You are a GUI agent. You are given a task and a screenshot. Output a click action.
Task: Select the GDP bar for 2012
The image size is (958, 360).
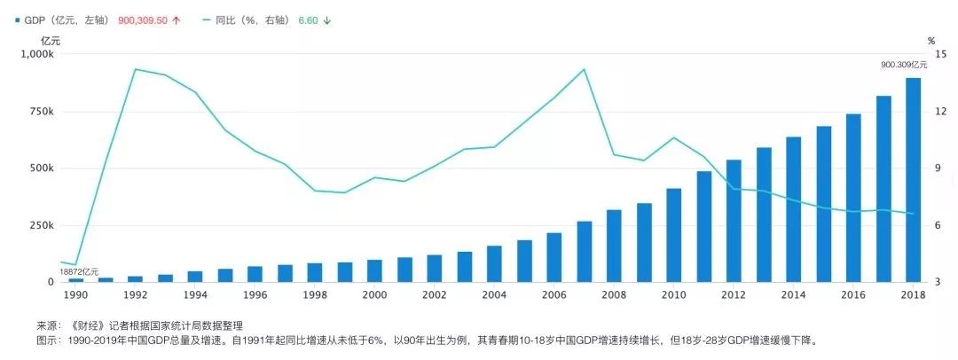point(734,221)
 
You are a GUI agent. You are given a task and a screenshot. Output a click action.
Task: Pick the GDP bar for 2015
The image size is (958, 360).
point(824,204)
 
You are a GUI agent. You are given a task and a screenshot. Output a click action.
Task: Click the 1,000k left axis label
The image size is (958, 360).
point(36,54)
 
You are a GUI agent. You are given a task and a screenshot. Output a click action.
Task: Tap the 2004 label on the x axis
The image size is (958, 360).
point(494,295)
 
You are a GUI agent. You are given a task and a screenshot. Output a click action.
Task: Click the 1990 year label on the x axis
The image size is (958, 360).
point(75,295)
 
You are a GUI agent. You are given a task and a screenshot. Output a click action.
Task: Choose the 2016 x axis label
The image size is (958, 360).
point(853,295)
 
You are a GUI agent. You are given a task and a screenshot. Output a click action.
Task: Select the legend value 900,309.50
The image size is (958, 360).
point(144,20)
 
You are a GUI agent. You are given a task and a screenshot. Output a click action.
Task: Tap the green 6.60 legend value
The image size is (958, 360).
point(308,20)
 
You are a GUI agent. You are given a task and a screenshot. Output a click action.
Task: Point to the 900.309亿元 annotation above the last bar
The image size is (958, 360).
point(904,65)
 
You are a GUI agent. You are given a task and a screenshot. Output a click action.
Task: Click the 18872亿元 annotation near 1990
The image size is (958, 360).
point(79,271)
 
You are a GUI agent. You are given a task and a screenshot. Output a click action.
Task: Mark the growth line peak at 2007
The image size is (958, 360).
point(584,69)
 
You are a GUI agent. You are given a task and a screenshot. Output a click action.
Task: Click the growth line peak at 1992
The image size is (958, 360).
point(135,69)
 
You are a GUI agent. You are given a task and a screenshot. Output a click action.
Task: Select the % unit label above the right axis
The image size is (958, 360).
point(931,41)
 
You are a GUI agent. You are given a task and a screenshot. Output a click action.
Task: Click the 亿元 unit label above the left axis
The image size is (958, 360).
point(51,40)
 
